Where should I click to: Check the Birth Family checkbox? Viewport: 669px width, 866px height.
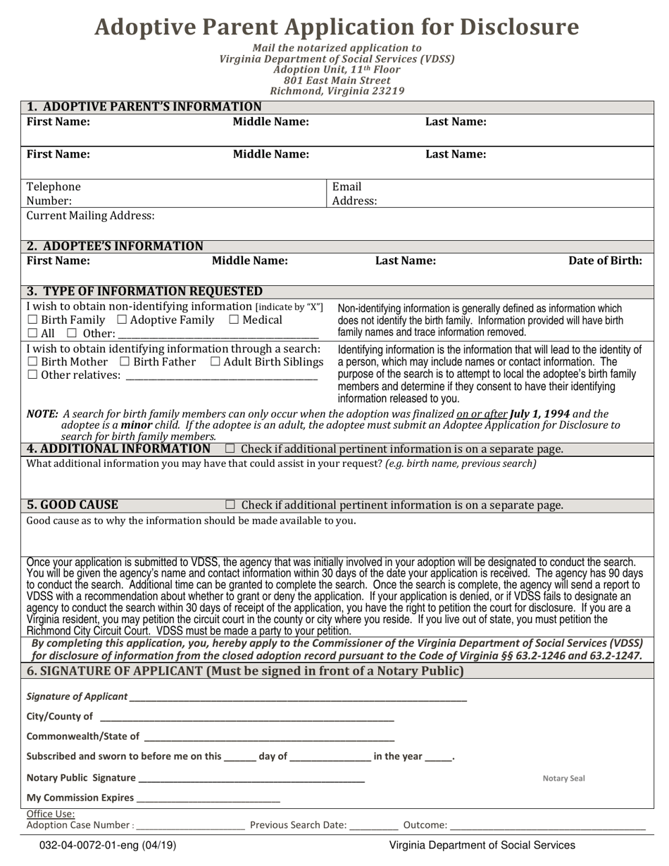(32, 320)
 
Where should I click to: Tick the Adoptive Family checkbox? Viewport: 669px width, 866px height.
(122, 320)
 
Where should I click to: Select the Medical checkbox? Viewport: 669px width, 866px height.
(234, 320)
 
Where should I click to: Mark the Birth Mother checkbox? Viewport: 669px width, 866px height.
(32, 362)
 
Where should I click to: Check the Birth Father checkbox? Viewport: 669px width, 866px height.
(125, 362)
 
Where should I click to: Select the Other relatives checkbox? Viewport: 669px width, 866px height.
(32, 375)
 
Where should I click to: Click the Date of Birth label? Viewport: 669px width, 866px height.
(605, 261)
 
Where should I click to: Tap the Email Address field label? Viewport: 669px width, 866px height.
(354, 194)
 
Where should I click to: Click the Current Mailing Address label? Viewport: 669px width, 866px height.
(90, 215)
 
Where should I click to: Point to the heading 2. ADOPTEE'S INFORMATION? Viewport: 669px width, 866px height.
(115, 246)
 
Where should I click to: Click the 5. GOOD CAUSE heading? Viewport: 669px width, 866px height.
(73, 505)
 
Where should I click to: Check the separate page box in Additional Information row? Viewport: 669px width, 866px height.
(230, 448)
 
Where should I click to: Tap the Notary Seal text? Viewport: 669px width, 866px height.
(563, 778)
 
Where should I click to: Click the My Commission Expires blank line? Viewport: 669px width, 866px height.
(208, 798)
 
